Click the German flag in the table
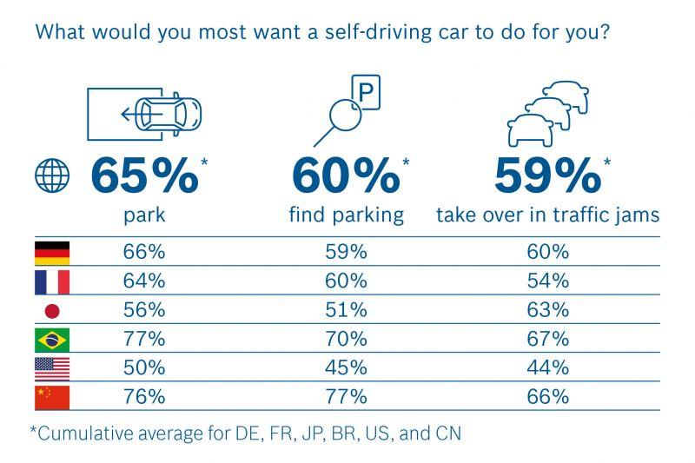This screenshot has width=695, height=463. [x=52, y=253]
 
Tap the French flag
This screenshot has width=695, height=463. [x=52, y=281]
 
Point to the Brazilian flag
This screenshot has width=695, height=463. [x=52, y=340]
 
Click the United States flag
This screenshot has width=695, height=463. [x=52, y=368]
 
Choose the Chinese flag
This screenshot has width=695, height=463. [x=52, y=398]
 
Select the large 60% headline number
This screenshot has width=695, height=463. [x=346, y=175]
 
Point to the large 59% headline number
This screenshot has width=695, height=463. [x=547, y=175]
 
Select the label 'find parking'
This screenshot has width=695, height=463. [x=346, y=215]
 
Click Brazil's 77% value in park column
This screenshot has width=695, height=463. [x=144, y=340]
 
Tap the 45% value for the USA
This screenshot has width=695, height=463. [x=346, y=368]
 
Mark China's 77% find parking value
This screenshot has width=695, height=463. [x=346, y=398]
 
